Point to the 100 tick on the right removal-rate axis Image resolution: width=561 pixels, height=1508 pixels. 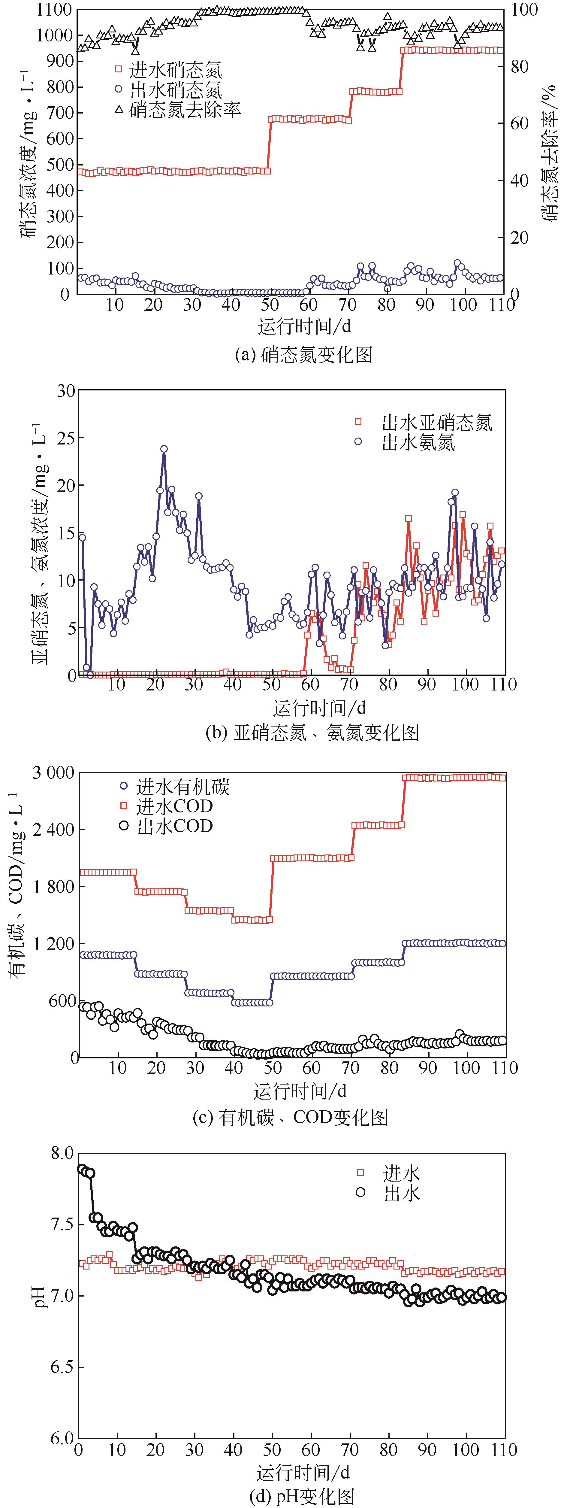pyautogui.click(x=525, y=10)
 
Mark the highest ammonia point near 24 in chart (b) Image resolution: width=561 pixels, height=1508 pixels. pyautogui.click(x=164, y=449)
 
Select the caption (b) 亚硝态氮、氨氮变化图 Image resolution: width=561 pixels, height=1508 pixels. pyautogui.click(x=312, y=732)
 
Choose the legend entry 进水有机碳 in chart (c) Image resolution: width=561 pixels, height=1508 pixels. pyautogui.click(x=182, y=786)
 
